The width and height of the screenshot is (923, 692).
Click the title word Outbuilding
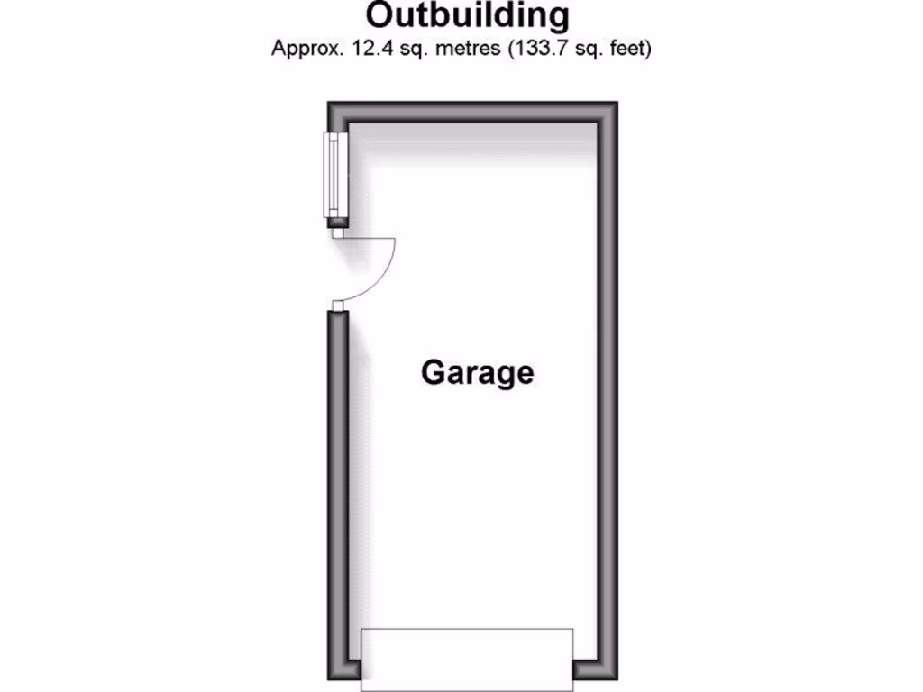tap(468, 15)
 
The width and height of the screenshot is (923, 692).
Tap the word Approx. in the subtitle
tap(304, 49)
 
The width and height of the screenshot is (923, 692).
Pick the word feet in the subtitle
tap(629, 49)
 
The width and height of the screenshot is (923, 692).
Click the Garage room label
tap(477, 371)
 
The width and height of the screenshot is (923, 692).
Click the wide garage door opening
tap(467, 659)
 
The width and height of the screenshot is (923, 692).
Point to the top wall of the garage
tap(472, 114)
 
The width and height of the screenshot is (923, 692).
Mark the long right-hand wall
tap(608, 387)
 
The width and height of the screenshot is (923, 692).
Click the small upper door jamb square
tap(337, 232)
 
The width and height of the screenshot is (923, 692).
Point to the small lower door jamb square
tap(337, 305)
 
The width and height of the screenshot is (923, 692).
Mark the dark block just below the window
tap(336, 221)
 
